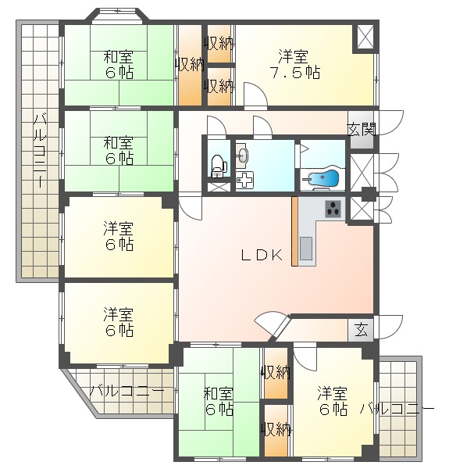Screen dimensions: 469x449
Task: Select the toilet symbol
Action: (217, 165)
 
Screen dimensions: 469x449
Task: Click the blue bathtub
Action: (322, 178)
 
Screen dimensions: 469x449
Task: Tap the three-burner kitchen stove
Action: (334, 209)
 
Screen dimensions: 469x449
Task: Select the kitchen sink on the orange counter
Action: (305, 249)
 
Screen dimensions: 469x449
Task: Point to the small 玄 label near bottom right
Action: (361, 328)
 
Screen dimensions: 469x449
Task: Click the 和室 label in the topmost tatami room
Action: (118, 56)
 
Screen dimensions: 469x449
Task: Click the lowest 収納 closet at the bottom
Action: (276, 428)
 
